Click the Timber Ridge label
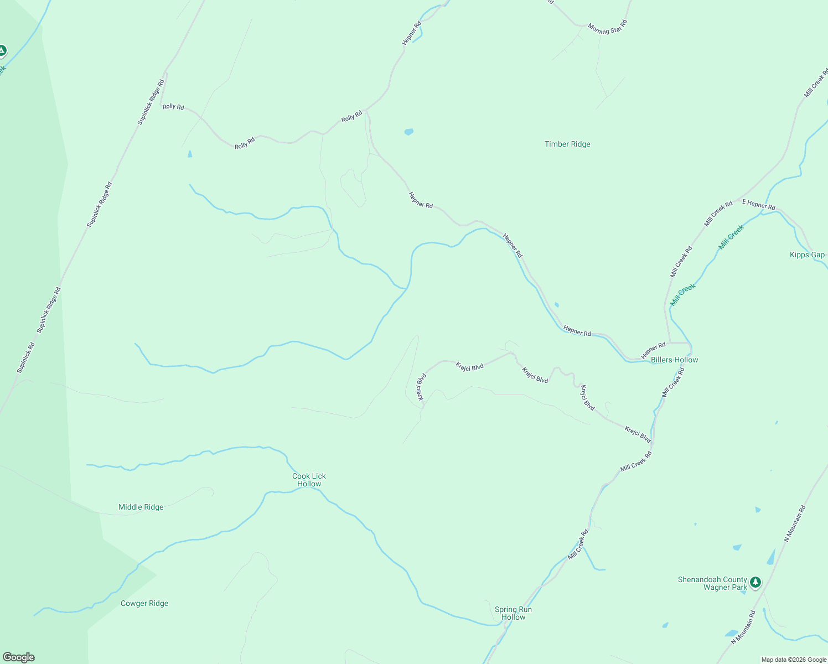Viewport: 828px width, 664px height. tap(567, 144)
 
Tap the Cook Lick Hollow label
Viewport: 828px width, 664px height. tap(309, 480)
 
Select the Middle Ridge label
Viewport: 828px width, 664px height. tap(141, 507)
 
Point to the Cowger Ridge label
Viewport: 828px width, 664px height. tap(144, 603)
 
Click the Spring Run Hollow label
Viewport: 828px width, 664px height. tap(513, 613)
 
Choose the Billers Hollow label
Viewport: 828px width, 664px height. tap(674, 360)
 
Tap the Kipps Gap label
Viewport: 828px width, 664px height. tap(807, 255)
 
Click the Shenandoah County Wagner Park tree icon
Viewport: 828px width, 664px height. tap(755, 582)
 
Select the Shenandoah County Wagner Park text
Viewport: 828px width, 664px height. tap(713, 583)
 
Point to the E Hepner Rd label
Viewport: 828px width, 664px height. tap(759, 205)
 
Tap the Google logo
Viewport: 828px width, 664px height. tap(19, 657)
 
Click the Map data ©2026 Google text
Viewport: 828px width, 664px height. tap(793, 660)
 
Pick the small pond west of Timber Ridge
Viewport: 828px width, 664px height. tap(408, 132)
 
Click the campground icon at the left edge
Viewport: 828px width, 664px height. tap(2, 51)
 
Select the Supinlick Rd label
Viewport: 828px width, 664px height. tap(25, 357)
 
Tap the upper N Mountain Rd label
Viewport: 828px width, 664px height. tap(795, 523)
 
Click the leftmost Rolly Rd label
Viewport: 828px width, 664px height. tap(173, 106)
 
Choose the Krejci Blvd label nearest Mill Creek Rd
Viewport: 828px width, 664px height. tap(638, 434)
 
